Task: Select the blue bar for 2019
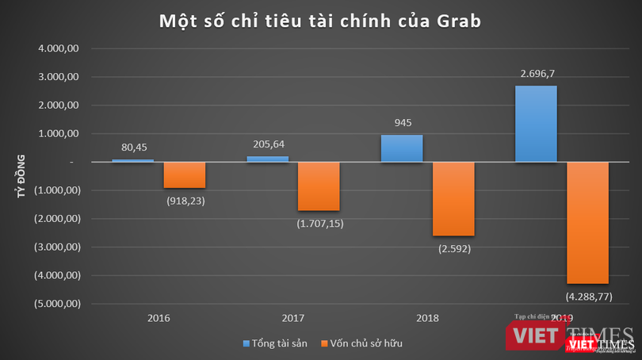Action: (x=536, y=124)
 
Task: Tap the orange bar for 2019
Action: (x=587, y=222)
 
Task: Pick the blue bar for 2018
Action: (x=402, y=148)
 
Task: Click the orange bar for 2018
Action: (x=453, y=198)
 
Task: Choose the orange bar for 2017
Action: (x=319, y=186)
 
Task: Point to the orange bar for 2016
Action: (x=184, y=174)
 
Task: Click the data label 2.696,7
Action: (x=537, y=74)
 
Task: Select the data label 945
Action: (x=402, y=123)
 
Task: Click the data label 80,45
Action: (x=132, y=147)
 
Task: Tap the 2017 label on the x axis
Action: (x=293, y=318)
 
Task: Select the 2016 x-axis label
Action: (x=159, y=318)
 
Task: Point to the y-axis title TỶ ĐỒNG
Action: (x=21, y=176)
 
